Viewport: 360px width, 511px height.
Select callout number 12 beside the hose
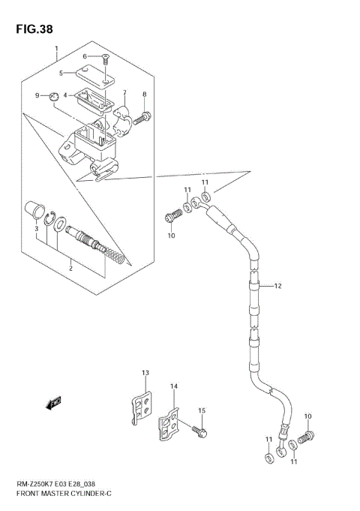[x=277, y=285]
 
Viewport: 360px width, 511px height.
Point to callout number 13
[x=145, y=373]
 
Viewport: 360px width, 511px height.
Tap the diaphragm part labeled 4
[x=94, y=98]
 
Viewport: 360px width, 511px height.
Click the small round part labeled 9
[x=53, y=96]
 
